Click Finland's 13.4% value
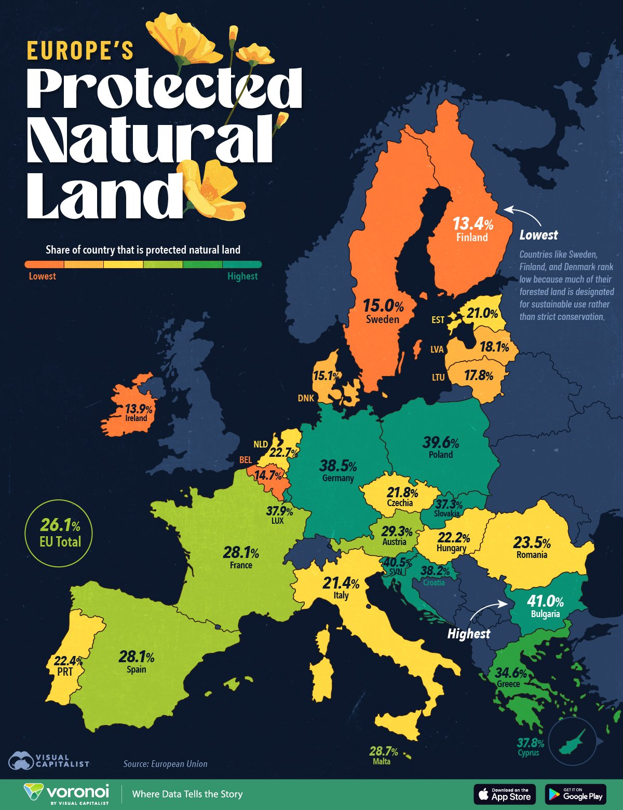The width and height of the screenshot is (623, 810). pyautogui.click(x=472, y=224)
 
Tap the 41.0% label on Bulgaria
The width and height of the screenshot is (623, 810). pyautogui.click(x=545, y=602)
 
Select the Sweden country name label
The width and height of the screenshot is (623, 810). pyautogui.click(x=383, y=319)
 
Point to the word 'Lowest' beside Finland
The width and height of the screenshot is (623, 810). pyautogui.click(x=538, y=235)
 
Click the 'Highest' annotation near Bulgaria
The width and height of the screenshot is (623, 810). pyautogui.click(x=468, y=634)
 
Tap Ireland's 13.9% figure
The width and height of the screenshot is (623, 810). pyautogui.click(x=139, y=409)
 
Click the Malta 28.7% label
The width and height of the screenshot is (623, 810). pyautogui.click(x=384, y=751)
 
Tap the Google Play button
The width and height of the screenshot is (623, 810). pyautogui.click(x=575, y=794)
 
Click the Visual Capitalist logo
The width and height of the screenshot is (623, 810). pyautogui.click(x=49, y=761)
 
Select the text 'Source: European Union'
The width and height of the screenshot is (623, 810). pyautogui.click(x=165, y=764)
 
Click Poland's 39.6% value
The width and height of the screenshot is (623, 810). pyautogui.click(x=441, y=443)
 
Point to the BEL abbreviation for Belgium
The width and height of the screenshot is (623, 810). pyautogui.click(x=246, y=460)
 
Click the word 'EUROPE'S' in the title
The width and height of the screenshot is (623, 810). pyautogui.click(x=80, y=51)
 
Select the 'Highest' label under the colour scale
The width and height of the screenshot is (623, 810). pyautogui.click(x=242, y=276)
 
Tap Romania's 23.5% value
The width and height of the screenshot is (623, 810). pyautogui.click(x=532, y=543)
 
